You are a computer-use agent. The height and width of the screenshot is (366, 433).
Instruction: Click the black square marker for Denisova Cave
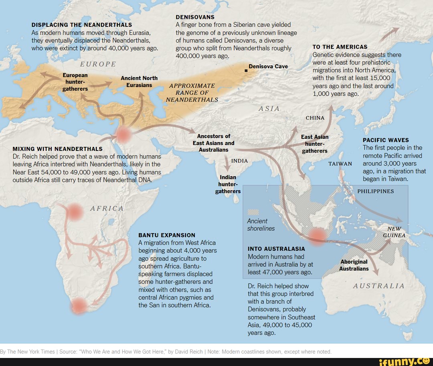[x=246, y=71]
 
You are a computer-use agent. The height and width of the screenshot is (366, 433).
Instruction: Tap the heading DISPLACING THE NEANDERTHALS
[x=82, y=25]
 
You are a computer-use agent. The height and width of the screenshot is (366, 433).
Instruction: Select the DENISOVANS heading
[x=195, y=17]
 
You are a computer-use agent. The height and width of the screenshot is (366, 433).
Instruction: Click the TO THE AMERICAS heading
[x=340, y=47]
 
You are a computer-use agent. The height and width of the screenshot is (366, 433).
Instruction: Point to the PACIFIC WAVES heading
[x=386, y=140]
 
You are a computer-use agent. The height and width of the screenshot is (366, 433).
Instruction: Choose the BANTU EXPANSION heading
[x=167, y=235]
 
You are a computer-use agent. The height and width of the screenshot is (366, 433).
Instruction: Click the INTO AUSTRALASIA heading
[x=276, y=249]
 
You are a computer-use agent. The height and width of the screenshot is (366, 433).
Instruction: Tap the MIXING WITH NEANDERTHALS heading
[x=58, y=149]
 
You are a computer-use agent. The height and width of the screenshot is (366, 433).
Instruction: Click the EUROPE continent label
[x=98, y=64]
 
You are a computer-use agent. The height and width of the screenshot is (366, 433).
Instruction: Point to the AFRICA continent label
[x=107, y=209]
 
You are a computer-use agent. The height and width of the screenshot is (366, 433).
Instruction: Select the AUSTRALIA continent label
[x=379, y=286]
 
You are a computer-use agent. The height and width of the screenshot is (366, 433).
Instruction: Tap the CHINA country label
[x=315, y=118]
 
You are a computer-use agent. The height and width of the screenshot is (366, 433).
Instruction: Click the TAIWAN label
[x=340, y=164]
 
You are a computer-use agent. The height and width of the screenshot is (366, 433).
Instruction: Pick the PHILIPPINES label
[x=375, y=191]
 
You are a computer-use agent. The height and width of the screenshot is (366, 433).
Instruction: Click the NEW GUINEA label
[x=395, y=232]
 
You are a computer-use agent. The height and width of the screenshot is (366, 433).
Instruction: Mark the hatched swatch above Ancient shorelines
[x=253, y=212]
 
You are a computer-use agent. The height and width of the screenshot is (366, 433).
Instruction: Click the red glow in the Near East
[x=123, y=135]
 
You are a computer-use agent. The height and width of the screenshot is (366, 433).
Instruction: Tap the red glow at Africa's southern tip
[x=78, y=306]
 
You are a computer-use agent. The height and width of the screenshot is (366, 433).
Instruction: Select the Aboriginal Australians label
[x=354, y=265]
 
